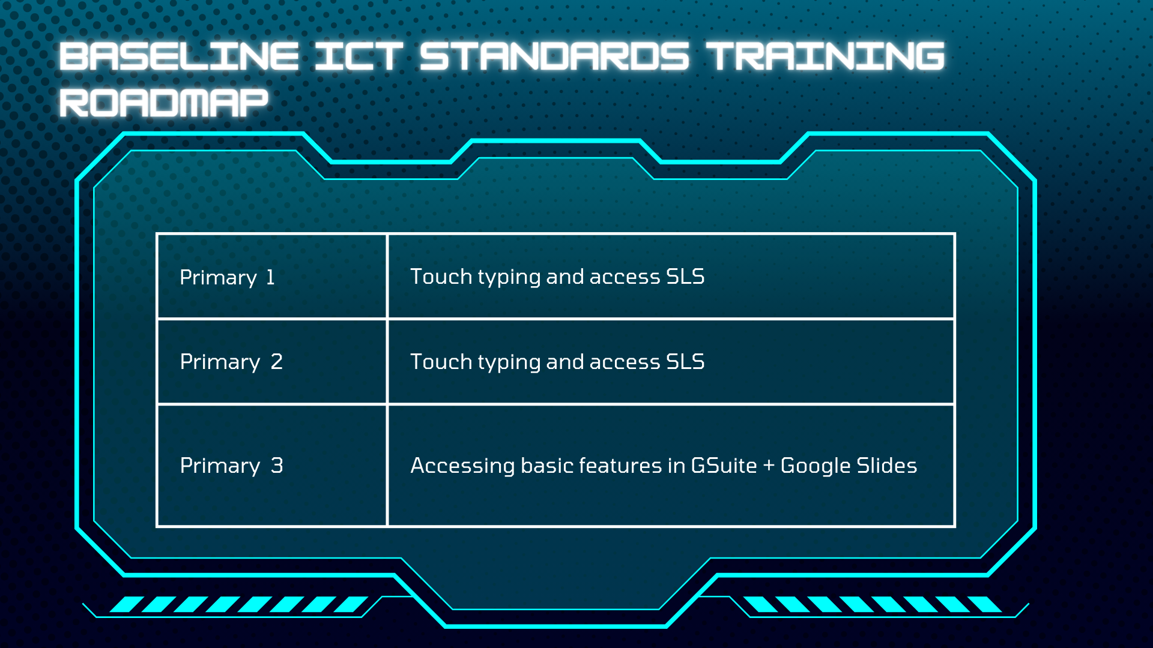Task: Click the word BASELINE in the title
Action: [x=179, y=56]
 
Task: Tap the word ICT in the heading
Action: [x=358, y=56]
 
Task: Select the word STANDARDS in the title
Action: [x=554, y=56]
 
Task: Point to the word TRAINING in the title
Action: [x=825, y=56]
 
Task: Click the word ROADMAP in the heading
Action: [x=163, y=103]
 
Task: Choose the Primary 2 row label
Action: [x=231, y=362]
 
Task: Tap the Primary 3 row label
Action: [x=231, y=466]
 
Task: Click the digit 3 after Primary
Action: [x=277, y=466]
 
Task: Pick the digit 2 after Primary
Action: [x=276, y=362]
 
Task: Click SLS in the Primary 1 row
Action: [x=685, y=277]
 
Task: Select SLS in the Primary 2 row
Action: [x=685, y=362]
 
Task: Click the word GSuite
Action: [x=724, y=466]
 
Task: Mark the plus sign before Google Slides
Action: [x=769, y=466]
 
